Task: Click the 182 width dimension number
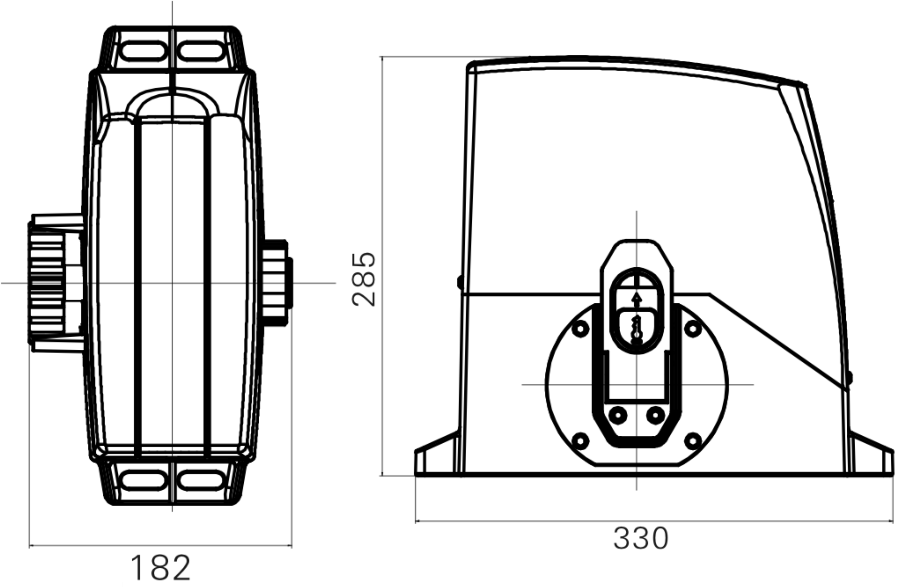click(x=160, y=568)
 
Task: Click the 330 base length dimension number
click(x=641, y=538)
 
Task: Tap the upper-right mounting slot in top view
click(x=201, y=51)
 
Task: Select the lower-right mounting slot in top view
click(x=201, y=480)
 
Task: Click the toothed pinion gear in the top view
click(x=46, y=283)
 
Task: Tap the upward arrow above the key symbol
click(x=636, y=299)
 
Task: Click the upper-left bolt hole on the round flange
click(x=580, y=329)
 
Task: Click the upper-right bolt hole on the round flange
click(x=693, y=329)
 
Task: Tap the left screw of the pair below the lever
click(x=617, y=415)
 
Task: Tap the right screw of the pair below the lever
click(x=656, y=415)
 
